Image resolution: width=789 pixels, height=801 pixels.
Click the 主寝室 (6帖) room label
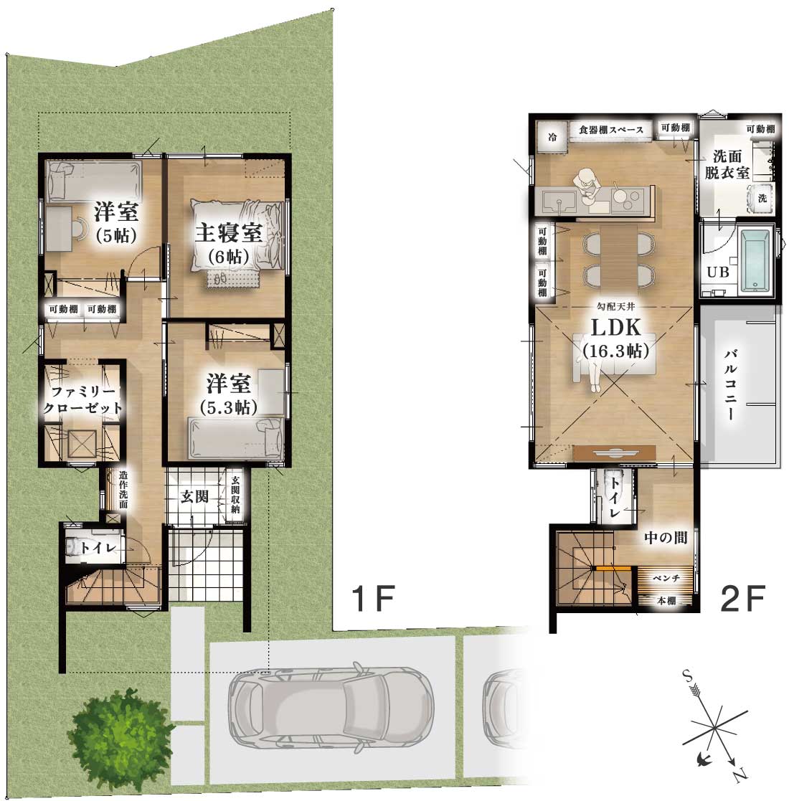pos(228,244)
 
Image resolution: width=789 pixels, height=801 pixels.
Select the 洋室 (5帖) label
pos(116,222)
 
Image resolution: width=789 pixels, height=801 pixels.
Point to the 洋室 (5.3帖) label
pos(228,394)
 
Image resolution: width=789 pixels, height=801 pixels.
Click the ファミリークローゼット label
pos(82,400)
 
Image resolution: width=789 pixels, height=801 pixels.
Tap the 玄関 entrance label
pos(194,496)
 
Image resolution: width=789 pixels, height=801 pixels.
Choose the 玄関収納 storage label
pos(235,495)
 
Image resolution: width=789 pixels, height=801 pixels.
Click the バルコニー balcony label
pos(731,384)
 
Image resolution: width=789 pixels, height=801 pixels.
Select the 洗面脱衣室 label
pos(727,164)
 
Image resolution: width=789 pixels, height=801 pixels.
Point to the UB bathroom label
pos(718,272)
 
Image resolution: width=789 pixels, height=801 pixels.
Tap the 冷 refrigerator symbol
pos(552,137)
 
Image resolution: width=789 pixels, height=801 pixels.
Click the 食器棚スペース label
pos(610,130)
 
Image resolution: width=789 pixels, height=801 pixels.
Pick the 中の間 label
pos(666,537)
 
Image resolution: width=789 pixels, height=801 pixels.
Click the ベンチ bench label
pos(666,578)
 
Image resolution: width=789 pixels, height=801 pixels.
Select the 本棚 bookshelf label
pos(666,601)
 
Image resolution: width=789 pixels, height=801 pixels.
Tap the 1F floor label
pos(374,598)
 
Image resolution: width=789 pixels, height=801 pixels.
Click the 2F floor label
pos(742,598)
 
